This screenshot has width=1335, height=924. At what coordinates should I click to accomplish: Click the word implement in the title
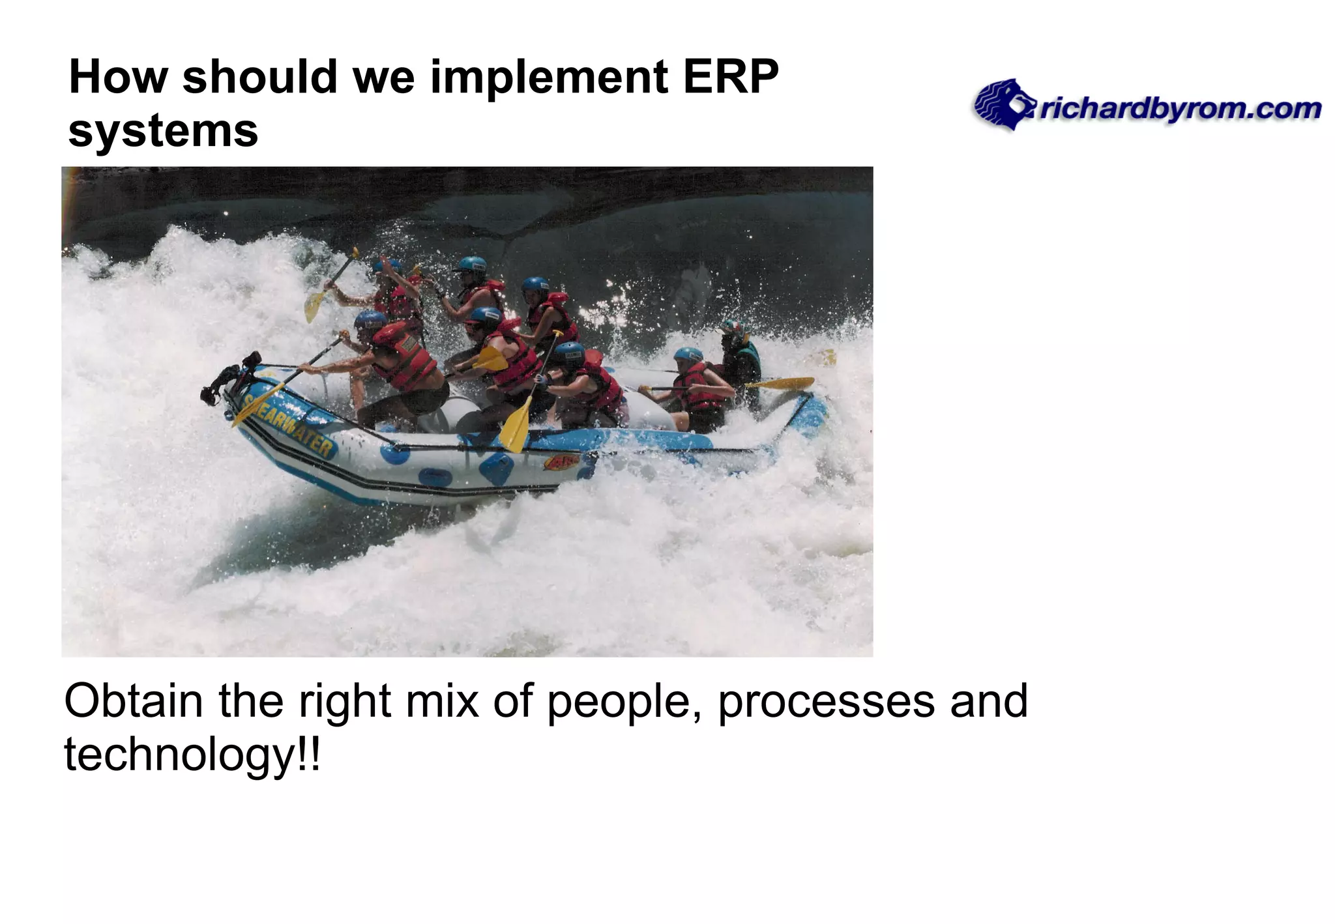[549, 77]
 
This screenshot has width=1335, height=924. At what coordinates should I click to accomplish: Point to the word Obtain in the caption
[134, 701]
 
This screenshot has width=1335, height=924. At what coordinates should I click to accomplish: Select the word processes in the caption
[827, 701]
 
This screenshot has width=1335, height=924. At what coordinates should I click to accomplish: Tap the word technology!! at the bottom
[192, 755]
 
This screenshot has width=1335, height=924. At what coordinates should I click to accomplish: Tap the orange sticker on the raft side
[562, 463]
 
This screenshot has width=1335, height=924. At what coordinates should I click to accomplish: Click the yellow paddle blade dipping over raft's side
[514, 427]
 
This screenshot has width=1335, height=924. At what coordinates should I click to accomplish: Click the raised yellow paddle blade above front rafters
[315, 304]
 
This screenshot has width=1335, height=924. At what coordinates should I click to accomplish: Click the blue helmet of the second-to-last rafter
[688, 354]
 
